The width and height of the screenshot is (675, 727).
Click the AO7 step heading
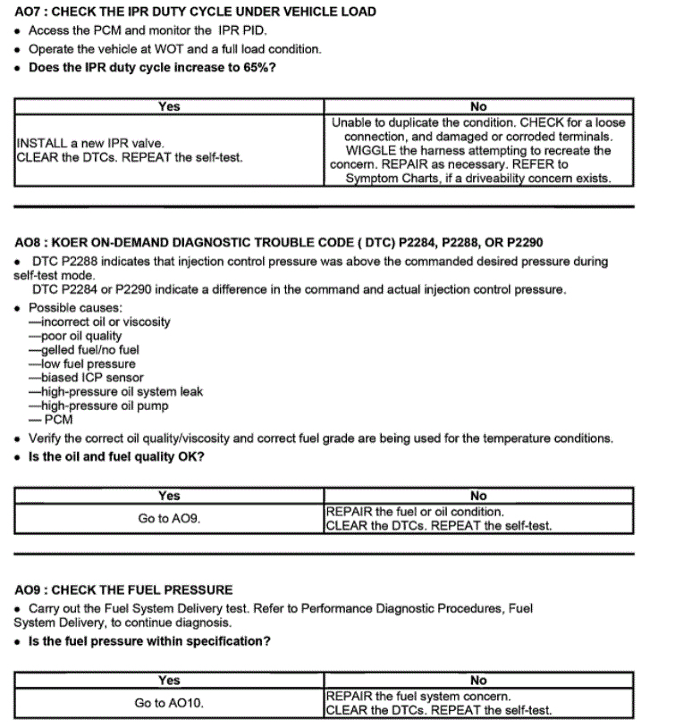[x=196, y=12]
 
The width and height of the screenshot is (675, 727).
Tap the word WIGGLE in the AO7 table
[x=375, y=150]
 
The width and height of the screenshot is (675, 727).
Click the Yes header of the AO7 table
[x=169, y=106]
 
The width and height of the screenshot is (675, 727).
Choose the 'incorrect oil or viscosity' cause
[x=99, y=322]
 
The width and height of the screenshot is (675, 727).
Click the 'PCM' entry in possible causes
[x=58, y=420]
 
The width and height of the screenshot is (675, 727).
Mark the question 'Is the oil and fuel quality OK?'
[x=117, y=457]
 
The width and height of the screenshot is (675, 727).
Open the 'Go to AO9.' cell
[x=169, y=518]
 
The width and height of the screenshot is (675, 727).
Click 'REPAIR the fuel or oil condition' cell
[x=414, y=512]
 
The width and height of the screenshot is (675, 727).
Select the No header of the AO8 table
[x=478, y=496]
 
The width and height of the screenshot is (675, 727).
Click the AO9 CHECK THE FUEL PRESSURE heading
[x=124, y=589]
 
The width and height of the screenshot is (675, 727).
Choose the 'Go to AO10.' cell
[x=169, y=703]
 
